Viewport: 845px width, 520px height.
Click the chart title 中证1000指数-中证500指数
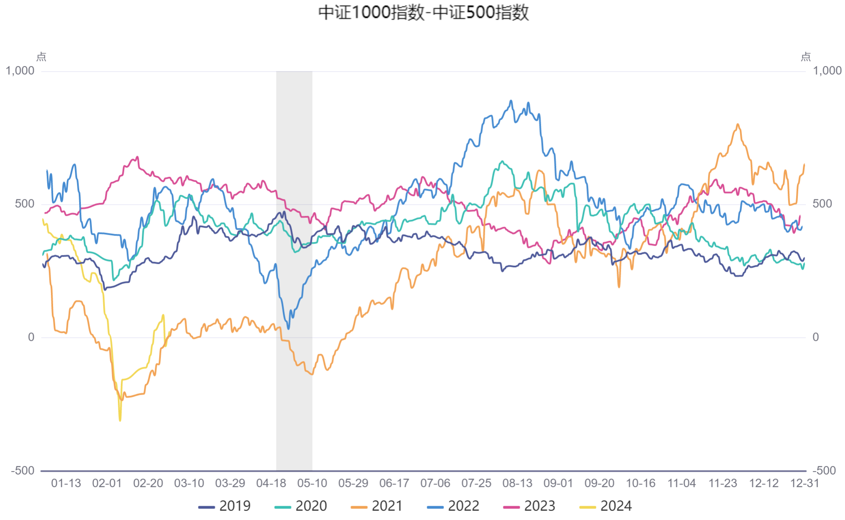[x=423, y=13]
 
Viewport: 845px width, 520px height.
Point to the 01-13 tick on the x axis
[x=66, y=483]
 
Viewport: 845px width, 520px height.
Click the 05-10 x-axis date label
[x=312, y=483]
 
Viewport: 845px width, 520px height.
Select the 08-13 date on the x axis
[x=517, y=483]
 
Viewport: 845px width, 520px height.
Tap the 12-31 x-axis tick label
[x=805, y=483]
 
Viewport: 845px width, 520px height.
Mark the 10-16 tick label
[x=640, y=483]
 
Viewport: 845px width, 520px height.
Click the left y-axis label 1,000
[x=20, y=71]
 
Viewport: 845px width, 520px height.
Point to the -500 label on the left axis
[x=23, y=470]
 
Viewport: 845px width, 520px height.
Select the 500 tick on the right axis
[x=822, y=204]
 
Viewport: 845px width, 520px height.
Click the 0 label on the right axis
[x=816, y=337]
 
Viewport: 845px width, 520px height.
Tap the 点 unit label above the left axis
[x=41, y=57]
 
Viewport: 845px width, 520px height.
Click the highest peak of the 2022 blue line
[x=511, y=101]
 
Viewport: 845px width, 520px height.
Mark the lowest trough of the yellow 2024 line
[x=120, y=420]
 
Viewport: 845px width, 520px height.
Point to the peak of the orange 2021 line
[x=738, y=124]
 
